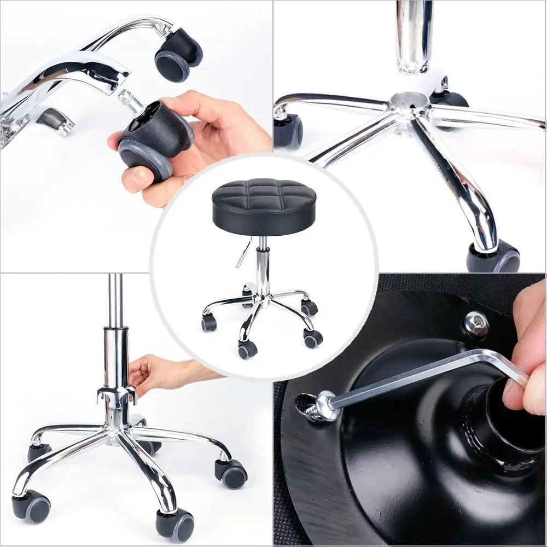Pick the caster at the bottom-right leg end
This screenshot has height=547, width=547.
click(x=493, y=257)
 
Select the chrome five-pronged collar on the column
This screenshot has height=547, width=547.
click(x=117, y=393)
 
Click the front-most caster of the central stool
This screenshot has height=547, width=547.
click(x=247, y=349)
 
